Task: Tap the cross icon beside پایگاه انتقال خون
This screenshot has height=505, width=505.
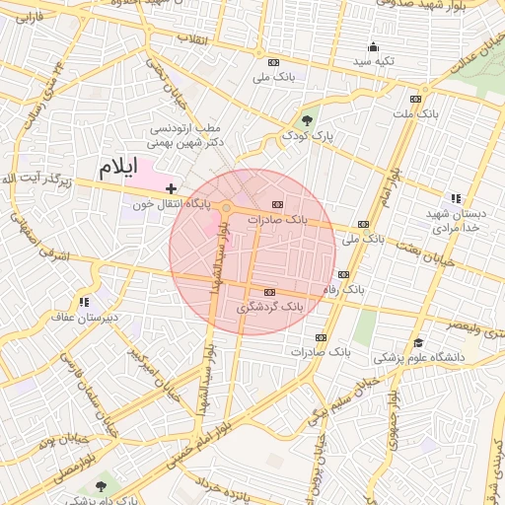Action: [x=172, y=187]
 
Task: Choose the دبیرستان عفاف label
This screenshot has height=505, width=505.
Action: [x=85, y=317]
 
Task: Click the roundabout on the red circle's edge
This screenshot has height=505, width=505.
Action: [x=227, y=207]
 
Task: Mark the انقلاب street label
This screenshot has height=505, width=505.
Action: [x=190, y=38]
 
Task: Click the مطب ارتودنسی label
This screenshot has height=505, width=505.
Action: [x=186, y=128]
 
